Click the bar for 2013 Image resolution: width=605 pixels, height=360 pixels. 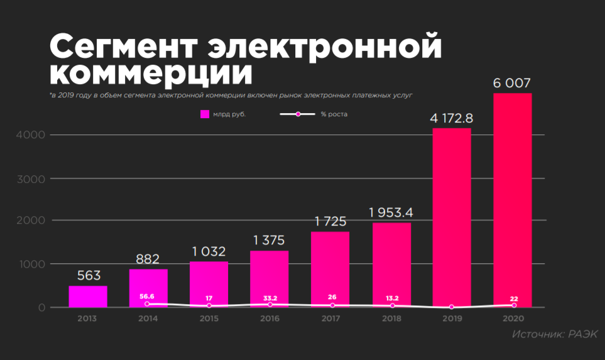pos(88,297)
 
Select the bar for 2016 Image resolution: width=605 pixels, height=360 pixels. pos(270,279)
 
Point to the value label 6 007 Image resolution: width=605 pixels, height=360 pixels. pos(513,83)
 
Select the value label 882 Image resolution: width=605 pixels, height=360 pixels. pos(148,259)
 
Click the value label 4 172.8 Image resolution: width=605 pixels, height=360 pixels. pos(452,117)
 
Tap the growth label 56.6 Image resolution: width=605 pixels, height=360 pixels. pos(147,295)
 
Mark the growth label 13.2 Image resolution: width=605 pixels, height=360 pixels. pos(393,298)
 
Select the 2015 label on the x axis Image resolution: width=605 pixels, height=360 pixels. pos(209,319)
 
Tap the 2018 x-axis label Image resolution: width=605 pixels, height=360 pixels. pos(391,319)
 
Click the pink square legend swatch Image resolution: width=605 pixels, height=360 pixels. pos(204,114)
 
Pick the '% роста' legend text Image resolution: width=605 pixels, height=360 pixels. pos(334,114)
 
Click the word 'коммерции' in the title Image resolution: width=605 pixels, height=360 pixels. pos(151,72)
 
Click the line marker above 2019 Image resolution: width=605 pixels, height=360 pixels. pos(452,307)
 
